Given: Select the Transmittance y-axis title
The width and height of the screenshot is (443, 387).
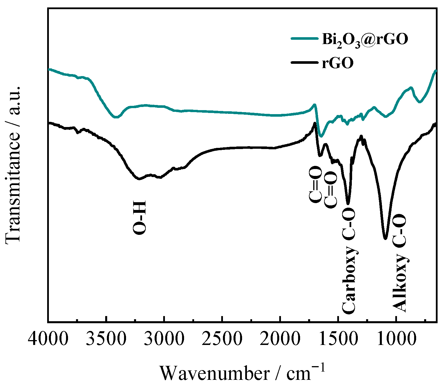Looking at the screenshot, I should [x=13, y=164].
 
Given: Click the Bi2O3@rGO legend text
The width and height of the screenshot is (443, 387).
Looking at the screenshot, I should [x=365, y=39].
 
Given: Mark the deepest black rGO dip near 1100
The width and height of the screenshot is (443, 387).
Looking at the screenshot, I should [x=385, y=238].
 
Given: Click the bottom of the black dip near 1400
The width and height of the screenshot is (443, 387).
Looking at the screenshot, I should [x=348, y=203].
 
